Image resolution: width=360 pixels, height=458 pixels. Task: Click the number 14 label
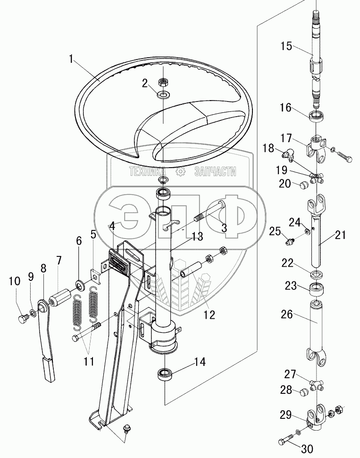(200, 363)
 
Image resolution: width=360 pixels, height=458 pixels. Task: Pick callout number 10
(14, 281)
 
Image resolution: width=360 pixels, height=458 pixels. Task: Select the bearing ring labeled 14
(165, 375)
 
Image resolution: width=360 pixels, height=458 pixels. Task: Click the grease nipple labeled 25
(289, 243)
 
